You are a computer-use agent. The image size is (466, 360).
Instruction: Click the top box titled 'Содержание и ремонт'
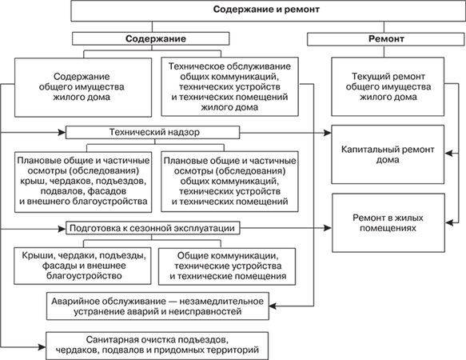(268, 10)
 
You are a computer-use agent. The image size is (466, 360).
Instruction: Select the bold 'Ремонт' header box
(386, 39)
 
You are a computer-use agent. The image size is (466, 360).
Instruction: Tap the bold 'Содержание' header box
(151, 38)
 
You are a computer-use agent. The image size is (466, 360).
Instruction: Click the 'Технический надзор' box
(153, 132)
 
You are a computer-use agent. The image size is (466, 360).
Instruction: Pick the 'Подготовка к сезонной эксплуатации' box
(153, 229)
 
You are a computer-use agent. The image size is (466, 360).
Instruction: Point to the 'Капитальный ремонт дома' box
(388, 154)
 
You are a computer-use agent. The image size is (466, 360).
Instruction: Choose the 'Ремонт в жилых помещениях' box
(388, 223)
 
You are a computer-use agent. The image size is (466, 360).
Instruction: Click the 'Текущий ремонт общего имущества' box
(388, 86)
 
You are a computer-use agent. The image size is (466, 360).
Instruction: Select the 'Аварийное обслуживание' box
(157, 306)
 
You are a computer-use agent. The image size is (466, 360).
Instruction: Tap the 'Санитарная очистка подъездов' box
(157, 346)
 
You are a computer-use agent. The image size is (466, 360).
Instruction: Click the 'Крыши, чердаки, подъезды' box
(82, 266)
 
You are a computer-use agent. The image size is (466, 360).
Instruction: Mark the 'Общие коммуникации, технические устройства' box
(227, 266)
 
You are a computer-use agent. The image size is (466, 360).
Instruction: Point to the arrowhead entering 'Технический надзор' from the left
(62, 132)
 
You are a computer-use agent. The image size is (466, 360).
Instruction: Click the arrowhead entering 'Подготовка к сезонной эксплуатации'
(62, 229)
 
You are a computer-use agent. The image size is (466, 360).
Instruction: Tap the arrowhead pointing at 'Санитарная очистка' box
(42, 347)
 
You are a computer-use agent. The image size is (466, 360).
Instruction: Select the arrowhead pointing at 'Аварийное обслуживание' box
(273, 306)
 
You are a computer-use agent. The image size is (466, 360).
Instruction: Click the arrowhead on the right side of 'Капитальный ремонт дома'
(448, 154)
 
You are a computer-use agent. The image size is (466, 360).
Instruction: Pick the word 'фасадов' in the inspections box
(106, 191)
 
